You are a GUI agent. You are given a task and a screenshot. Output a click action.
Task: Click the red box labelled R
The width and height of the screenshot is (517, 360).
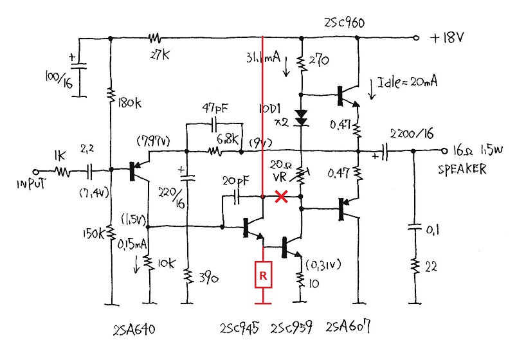[x=263, y=274]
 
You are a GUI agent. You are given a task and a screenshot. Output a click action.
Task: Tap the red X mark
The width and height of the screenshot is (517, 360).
[x=281, y=197]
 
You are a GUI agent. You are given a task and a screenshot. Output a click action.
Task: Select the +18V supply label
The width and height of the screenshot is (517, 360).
[x=447, y=37]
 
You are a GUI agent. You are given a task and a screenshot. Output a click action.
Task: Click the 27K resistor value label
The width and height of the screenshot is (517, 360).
[x=160, y=55]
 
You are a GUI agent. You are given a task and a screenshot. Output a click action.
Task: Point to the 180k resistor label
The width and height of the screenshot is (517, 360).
[x=130, y=104]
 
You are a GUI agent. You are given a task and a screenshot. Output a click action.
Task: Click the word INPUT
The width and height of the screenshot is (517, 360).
[x=32, y=183]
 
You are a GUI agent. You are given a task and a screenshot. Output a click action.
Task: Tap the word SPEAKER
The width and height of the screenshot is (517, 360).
[x=462, y=170]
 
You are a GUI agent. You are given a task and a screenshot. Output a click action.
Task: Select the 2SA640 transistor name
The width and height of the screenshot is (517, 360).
[x=134, y=330]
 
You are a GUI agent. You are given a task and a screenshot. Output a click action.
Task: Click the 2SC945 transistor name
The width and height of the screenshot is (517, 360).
[x=239, y=328]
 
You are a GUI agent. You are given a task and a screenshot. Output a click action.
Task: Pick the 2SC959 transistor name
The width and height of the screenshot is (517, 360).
[x=291, y=328]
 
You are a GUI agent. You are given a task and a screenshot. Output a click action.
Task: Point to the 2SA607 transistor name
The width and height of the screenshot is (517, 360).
[x=348, y=327]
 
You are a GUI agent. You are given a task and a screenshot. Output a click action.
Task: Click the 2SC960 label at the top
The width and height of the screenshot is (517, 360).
[x=344, y=23]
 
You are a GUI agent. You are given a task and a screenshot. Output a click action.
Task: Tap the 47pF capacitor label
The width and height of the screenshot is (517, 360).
[x=215, y=108]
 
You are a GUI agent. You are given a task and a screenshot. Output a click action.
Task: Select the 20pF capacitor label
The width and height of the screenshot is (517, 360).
[x=236, y=181]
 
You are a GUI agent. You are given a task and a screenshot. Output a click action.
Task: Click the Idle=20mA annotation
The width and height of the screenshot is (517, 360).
[x=408, y=82]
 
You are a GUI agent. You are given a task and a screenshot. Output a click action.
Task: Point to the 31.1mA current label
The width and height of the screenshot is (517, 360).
[x=263, y=58]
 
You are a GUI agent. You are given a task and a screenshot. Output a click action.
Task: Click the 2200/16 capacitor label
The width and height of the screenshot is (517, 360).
[x=412, y=134]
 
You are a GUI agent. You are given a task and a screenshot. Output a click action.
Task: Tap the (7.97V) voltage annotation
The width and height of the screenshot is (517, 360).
[x=153, y=142]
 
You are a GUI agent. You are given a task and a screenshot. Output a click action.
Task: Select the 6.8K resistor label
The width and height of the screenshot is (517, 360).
[x=228, y=139]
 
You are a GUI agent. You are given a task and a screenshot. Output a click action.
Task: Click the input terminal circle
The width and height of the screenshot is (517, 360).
[x=36, y=172]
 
